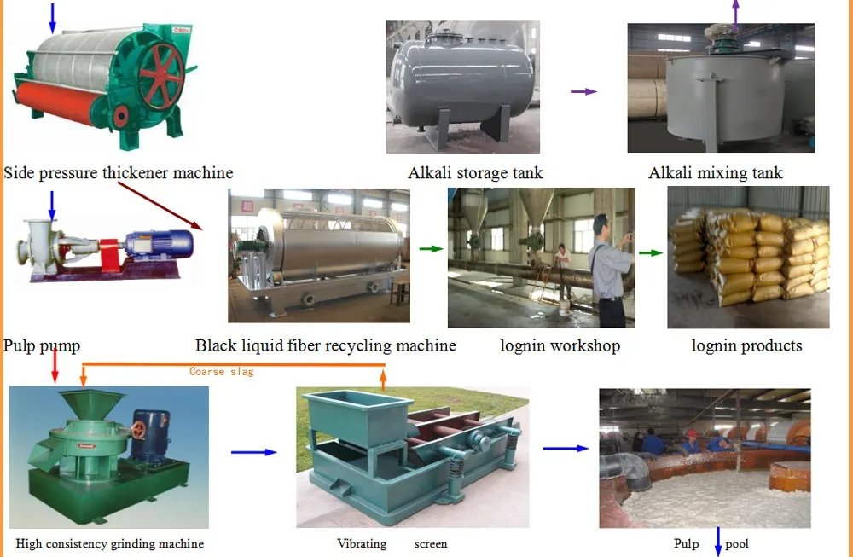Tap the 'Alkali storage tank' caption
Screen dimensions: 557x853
(475, 173)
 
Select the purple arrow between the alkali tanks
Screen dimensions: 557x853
(583, 91)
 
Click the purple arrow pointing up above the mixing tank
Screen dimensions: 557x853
(735, 14)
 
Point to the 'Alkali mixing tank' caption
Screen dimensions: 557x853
(715, 173)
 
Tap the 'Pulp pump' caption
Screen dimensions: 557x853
(42, 345)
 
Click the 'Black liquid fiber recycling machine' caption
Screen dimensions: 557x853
(325, 345)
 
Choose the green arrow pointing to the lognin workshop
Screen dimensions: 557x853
(432, 249)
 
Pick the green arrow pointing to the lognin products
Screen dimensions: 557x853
(651, 252)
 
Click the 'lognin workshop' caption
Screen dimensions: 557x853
(560, 345)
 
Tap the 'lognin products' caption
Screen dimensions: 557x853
(746, 345)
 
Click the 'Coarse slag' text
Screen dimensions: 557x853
(221, 372)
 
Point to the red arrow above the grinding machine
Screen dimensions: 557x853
(55, 364)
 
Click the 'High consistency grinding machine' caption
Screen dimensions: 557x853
(110, 543)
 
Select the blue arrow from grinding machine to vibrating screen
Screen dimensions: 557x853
(254, 452)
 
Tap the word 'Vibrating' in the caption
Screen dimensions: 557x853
(362, 543)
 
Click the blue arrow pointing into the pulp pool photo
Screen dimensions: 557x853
(566, 448)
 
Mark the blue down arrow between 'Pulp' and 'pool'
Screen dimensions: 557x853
(718, 541)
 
